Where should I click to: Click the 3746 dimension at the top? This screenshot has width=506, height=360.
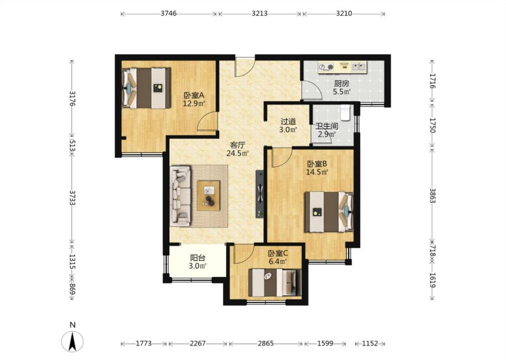tap(169, 13)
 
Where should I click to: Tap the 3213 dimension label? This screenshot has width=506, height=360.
tap(260, 13)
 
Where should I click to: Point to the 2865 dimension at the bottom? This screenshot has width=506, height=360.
tap(265, 343)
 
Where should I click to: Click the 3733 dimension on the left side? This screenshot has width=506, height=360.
tap(72, 198)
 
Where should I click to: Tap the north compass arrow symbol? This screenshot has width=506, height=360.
tap(72, 341)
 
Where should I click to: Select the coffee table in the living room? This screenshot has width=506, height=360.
tap(208, 196)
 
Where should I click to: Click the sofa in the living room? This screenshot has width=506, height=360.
tap(180, 196)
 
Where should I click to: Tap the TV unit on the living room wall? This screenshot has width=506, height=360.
tap(260, 193)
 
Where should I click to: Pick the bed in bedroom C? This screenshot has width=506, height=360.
tap(275, 283)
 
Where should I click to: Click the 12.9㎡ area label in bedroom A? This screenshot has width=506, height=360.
tap(194, 103)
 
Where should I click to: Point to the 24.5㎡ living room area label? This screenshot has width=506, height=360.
tap(237, 153)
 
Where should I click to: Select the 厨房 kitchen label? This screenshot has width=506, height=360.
tap(342, 84)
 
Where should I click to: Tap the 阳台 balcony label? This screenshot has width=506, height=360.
tap(197, 258)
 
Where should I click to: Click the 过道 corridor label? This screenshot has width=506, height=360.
tap(288, 121)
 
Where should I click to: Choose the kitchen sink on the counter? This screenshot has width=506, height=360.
tap(358, 67)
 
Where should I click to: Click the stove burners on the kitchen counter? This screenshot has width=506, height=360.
tap(326, 67)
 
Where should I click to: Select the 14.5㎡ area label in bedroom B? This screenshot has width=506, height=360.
tap(317, 172)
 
